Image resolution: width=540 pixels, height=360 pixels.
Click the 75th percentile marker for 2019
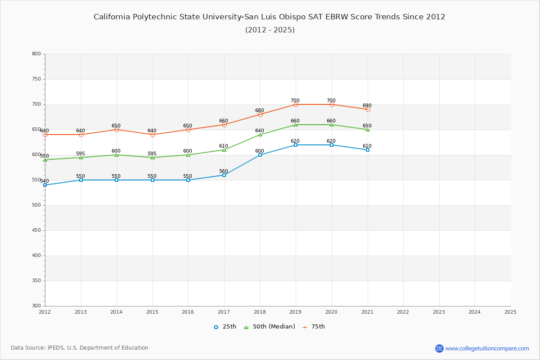pyautogui.click(x=296, y=104)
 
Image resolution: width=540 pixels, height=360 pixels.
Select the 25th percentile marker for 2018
pyautogui.click(x=260, y=155)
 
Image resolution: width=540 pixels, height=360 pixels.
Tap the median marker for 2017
pyautogui.click(x=224, y=150)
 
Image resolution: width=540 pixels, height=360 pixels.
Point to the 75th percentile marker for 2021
pyautogui.click(x=368, y=109)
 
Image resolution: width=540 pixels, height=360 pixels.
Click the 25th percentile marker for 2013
pyautogui.click(x=81, y=180)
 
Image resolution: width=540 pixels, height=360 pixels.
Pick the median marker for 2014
pyautogui.click(x=117, y=155)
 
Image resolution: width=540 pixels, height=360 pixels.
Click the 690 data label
pyautogui.click(x=367, y=106)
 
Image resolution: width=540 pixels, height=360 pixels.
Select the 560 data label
pyautogui.click(x=224, y=171)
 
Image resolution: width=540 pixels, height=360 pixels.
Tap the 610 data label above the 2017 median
pyautogui.click(x=224, y=146)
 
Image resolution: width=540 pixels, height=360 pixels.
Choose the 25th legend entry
pyautogui.click(x=225, y=327)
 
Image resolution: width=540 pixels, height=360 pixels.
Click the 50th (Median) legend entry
pyautogui.click(x=269, y=327)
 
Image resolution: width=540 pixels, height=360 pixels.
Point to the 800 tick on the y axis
pyautogui.click(x=36, y=54)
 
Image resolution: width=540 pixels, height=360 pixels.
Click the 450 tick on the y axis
pyautogui.click(x=36, y=230)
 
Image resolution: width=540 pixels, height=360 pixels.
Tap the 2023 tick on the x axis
pyautogui.click(x=439, y=311)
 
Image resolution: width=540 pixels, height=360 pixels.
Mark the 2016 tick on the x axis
pyautogui.click(x=188, y=311)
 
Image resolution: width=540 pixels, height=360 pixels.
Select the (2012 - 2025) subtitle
pyautogui.click(x=270, y=30)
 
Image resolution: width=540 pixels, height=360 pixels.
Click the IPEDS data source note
pyautogui.click(x=80, y=348)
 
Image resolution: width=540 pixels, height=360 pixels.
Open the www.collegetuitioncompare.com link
pyautogui.click(x=487, y=348)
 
